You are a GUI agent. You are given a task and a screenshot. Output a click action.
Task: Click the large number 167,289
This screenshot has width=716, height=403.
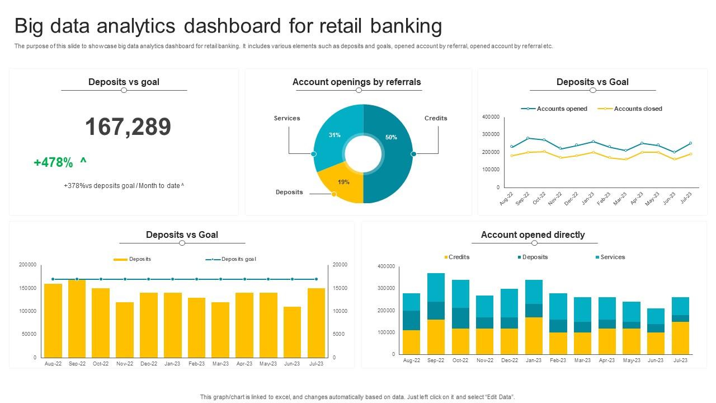coord(128,127)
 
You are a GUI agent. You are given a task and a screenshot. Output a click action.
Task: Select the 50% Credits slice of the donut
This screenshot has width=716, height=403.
coord(392,162)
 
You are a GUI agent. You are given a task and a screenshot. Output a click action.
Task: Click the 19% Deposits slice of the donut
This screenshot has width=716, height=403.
coord(342,185)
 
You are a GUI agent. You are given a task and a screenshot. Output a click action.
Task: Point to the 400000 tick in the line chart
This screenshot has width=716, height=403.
coord(491,117)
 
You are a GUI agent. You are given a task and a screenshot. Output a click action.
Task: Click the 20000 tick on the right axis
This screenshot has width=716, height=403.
coord(340,265)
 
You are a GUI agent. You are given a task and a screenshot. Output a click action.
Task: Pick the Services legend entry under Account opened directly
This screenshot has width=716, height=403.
coord(613,257)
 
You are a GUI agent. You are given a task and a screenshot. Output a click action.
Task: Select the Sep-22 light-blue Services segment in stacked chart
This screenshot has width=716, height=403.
coord(436,287)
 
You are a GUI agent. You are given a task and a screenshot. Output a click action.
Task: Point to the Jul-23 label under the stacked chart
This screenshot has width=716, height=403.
coord(680,360)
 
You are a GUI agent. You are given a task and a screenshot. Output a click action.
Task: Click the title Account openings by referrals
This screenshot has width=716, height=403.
coord(356,82)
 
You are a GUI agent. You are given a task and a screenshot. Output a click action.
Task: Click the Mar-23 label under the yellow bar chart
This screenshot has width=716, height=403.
coord(220,363)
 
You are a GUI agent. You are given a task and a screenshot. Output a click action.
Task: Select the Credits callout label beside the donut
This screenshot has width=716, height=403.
coord(436,118)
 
